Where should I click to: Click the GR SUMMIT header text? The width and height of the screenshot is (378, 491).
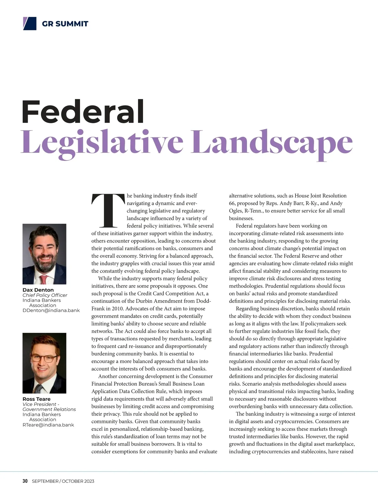65,24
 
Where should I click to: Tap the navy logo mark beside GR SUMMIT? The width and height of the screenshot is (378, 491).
30,24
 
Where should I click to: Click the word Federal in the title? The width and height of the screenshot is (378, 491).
83,112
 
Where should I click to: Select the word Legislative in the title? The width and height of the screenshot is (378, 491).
102,143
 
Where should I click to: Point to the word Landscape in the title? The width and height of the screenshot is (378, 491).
272,143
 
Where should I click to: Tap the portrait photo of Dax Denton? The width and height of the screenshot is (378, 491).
44,254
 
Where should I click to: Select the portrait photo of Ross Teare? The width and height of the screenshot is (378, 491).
44,363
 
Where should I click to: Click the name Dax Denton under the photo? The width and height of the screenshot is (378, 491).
38,290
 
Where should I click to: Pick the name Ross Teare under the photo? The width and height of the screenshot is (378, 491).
37,399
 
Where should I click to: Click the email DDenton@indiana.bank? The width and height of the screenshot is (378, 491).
51,310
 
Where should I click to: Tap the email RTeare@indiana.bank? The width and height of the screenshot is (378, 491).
48,425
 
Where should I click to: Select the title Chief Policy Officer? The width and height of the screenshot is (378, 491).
45,295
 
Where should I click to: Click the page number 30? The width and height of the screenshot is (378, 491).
25,481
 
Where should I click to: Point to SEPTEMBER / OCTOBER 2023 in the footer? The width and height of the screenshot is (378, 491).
63,481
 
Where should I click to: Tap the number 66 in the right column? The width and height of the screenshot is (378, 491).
232,203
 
